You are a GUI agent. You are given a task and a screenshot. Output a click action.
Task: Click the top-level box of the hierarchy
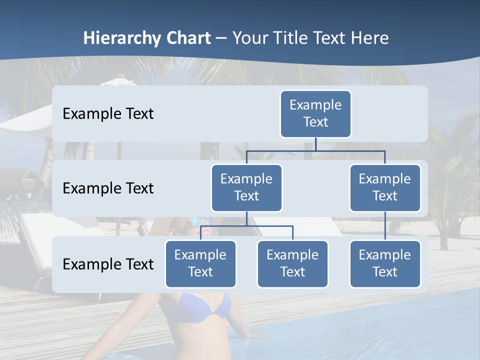point(315,113)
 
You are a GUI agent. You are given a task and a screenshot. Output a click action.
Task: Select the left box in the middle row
point(246,187)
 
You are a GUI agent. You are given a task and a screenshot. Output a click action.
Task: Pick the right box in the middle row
point(384,187)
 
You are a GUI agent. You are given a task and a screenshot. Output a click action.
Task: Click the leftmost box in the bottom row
point(200,263)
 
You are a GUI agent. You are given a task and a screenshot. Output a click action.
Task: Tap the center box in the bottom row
point(292,263)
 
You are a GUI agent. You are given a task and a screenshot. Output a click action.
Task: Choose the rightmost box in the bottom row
point(384,263)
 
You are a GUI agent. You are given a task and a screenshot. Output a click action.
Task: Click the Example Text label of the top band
point(108,113)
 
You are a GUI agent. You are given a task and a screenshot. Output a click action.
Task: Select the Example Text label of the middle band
point(108,188)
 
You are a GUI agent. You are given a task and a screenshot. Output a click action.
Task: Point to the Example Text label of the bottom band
point(108,264)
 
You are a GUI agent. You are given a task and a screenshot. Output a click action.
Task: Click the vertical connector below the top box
point(315,144)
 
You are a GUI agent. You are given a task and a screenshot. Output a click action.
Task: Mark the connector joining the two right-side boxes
point(385,226)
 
